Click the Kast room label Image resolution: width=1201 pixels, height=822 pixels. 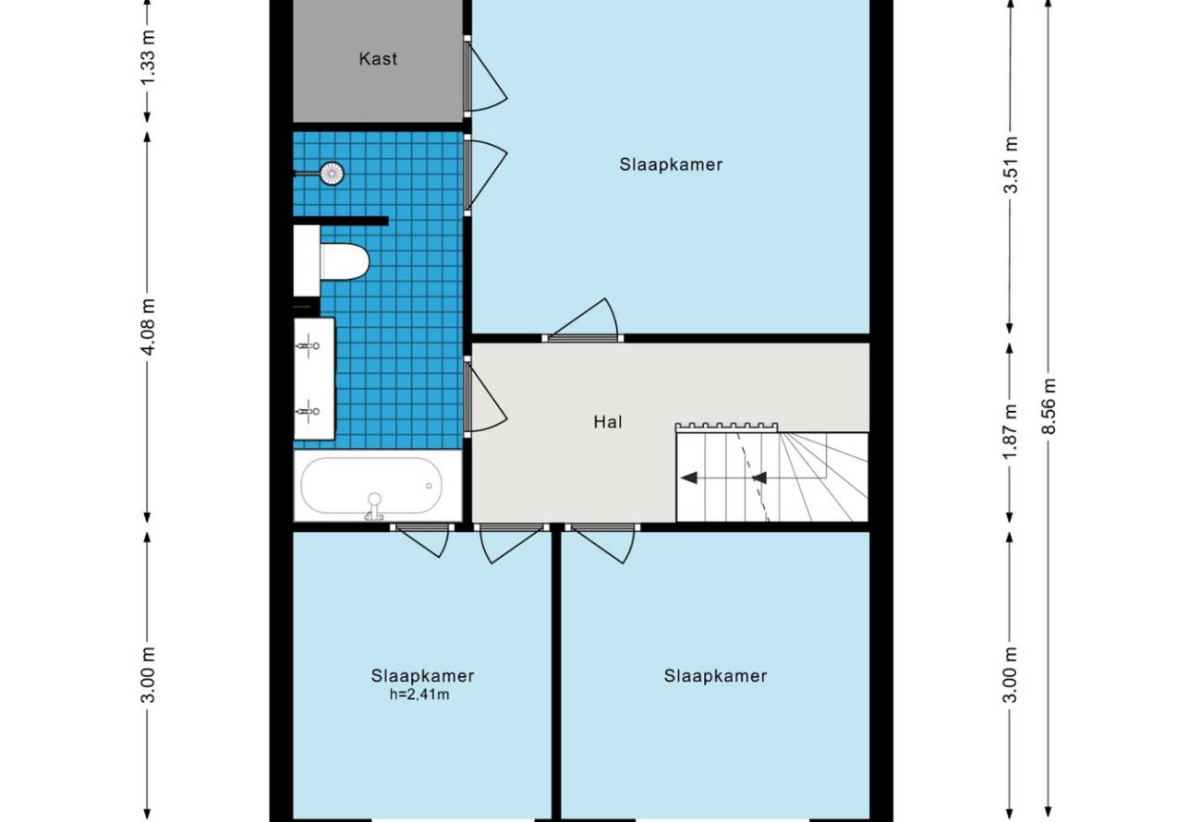(x=378, y=58)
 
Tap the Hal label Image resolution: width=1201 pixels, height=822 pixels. (x=608, y=422)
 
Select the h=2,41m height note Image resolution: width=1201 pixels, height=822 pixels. (x=419, y=695)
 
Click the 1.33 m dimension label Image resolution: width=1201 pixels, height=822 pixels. (x=147, y=57)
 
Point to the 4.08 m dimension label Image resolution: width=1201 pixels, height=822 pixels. (x=147, y=327)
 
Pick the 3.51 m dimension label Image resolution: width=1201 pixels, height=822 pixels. (x=1010, y=165)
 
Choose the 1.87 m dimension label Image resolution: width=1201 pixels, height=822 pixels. (x=1010, y=432)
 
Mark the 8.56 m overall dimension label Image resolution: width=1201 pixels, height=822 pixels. (x=1049, y=406)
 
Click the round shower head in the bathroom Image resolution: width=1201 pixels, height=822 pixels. (x=332, y=173)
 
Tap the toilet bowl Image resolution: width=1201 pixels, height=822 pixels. (x=345, y=261)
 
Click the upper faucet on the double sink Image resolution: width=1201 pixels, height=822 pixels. (x=308, y=345)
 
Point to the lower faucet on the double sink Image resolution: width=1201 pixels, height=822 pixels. (x=308, y=412)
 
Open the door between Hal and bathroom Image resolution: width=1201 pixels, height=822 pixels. (x=485, y=396)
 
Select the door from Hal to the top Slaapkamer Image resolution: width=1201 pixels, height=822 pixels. (x=583, y=320)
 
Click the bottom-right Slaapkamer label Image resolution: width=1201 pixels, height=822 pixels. (x=715, y=676)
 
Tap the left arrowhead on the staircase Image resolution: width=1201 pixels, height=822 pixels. (x=689, y=477)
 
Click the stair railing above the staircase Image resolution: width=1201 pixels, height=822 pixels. (x=726, y=428)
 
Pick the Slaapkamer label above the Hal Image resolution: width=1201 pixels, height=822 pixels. (x=671, y=164)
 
